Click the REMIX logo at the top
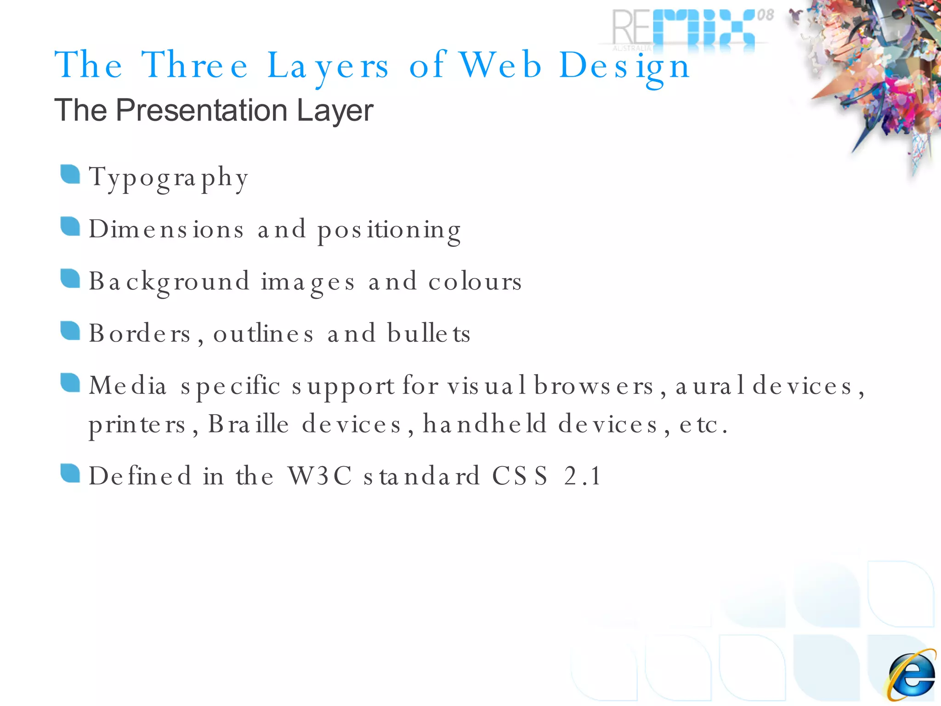[685, 28]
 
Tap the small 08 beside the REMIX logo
[765, 15]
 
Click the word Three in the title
[195, 65]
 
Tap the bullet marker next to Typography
[70, 174]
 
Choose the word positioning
[389, 230]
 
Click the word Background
[169, 282]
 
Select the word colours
[475, 281]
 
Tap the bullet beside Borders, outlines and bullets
[70, 330]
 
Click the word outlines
[263, 333]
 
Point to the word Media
[127, 385]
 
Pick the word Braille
[249, 424]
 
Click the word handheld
[485, 423]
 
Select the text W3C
[320, 476]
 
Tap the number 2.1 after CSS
[583, 476]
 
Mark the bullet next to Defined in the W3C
[70, 473]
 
